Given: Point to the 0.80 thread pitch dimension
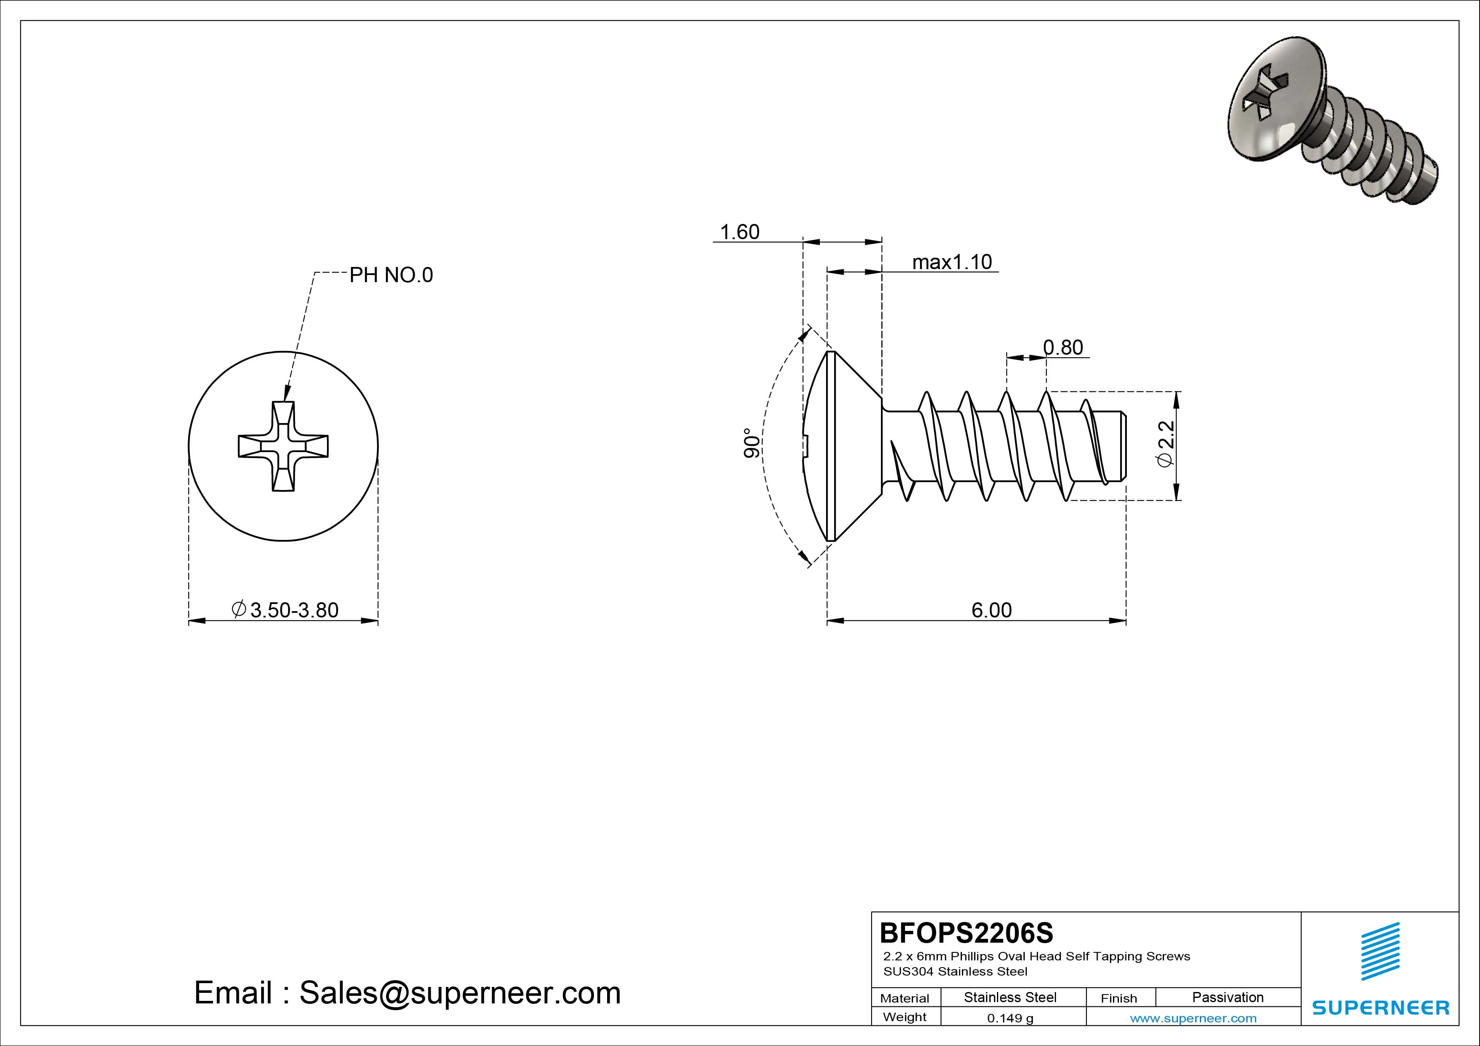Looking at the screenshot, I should [1063, 348].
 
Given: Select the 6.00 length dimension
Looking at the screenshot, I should [991, 610].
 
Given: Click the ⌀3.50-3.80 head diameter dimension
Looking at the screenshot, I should [285, 610].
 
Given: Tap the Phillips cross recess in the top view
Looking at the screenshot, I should [283, 446].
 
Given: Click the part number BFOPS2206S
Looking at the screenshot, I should [966, 933].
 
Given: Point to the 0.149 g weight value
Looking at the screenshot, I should [1010, 1018].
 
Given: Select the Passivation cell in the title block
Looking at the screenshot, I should [1227, 997].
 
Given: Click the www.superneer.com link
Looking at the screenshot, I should [1193, 1018].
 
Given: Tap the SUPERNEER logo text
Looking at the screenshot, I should [1380, 1007].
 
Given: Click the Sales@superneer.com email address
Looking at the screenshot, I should [459, 993].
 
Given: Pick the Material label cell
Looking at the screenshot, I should [905, 998].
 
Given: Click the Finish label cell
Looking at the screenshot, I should [1118, 998].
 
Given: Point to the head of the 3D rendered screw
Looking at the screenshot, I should [1273, 106].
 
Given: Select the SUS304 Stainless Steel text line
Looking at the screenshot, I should [955, 971].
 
